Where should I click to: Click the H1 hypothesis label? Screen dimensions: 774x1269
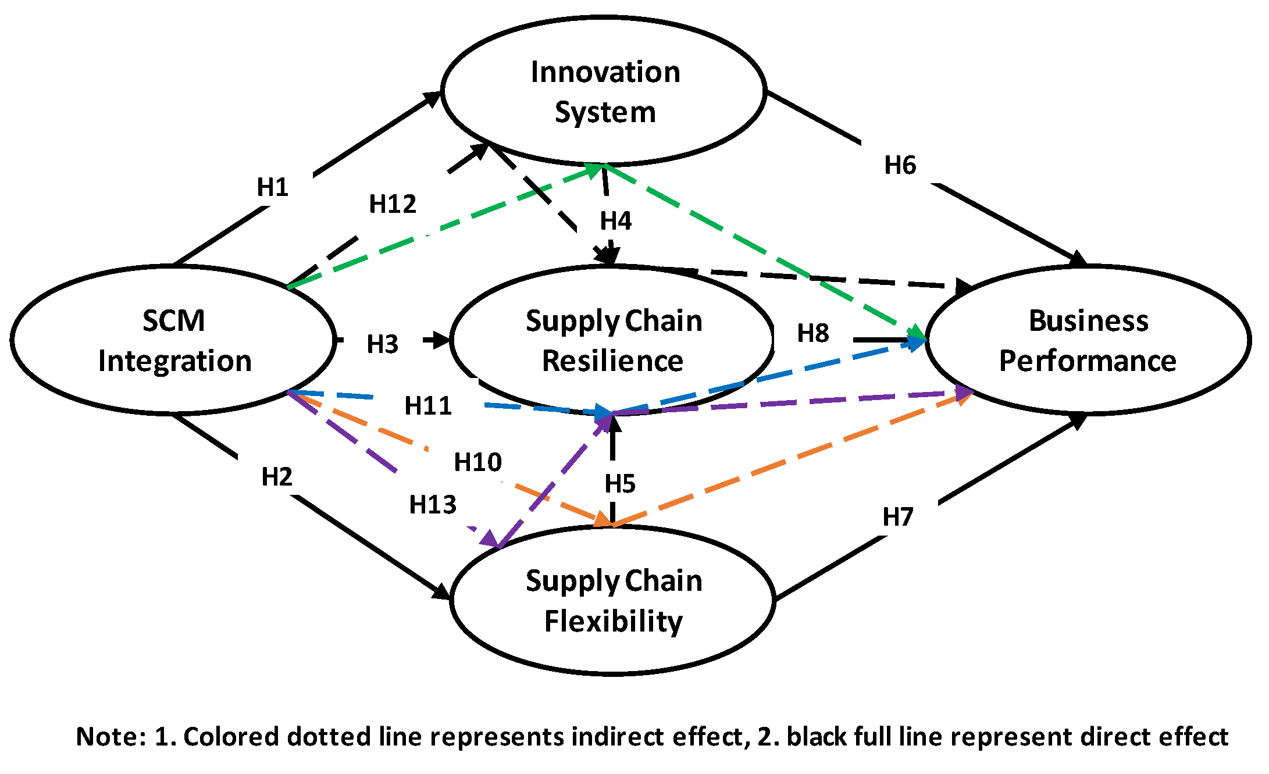273,187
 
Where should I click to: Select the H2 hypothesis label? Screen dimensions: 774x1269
277,477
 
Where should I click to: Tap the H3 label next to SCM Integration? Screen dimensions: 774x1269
382,344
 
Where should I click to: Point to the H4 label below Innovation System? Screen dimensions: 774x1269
615,221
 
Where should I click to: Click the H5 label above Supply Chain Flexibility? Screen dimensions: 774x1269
619,484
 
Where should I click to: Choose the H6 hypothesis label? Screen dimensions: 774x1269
900,165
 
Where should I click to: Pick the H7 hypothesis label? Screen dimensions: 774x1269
898,516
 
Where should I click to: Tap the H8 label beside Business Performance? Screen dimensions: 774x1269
812,333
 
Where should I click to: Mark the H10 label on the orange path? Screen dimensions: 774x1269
477,462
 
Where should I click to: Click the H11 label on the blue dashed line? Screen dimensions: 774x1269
428,406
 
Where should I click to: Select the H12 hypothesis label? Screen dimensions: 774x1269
393,204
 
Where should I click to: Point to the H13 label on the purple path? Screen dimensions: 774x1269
433,504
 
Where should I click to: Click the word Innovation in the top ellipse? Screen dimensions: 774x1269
605,72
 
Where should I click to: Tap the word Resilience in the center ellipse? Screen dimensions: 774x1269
612,361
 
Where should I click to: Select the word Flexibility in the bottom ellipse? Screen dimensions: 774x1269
613,620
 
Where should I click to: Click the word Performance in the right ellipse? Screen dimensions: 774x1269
1088,361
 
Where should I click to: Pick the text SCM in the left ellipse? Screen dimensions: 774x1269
173,320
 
